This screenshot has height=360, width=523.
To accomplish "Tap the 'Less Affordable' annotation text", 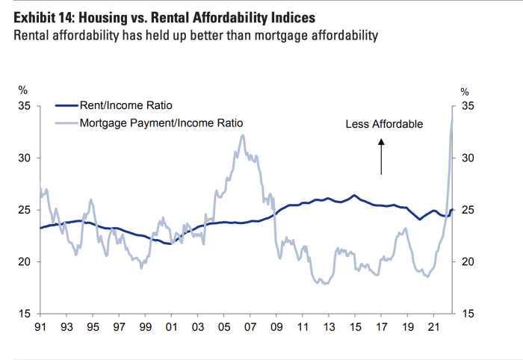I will (384, 124).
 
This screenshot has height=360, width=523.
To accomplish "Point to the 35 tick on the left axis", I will (24, 106).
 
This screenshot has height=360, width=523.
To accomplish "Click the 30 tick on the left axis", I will (24, 158).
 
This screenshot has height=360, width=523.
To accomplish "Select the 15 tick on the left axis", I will (24, 314).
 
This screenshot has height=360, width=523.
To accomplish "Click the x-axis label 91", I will (40, 326).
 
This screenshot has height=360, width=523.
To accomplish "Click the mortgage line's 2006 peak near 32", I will (242, 135).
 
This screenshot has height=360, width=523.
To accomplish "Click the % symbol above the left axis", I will (22, 91).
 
